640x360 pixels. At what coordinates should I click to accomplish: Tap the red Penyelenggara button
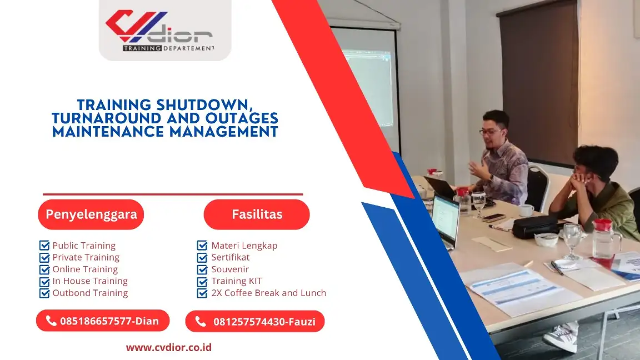tap(91, 214)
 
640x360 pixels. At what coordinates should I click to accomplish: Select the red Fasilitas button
tap(257, 214)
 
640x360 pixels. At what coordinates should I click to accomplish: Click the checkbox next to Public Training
tap(44, 246)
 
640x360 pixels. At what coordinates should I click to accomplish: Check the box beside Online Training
tap(44, 269)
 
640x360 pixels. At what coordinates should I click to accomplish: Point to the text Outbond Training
tap(90, 293)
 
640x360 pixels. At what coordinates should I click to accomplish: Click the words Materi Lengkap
tap(244, 246)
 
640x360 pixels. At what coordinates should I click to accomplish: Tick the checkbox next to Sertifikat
tap(202, 257)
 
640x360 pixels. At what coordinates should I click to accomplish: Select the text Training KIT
tap(236, 281)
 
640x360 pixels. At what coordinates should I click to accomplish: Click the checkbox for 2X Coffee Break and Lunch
tap(202, 293)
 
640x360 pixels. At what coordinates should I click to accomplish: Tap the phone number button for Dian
tap(103, 321)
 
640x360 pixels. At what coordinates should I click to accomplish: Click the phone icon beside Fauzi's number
tap(201, 321)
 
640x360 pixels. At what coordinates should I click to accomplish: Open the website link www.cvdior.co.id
tap(168, 348)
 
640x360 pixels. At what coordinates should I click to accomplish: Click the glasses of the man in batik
tap(491, 132)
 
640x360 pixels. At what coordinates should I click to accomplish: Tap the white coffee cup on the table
tap(526, 210)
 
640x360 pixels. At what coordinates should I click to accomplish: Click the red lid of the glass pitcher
tap(602, 225)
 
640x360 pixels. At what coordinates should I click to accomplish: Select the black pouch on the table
tap(535, 226)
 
